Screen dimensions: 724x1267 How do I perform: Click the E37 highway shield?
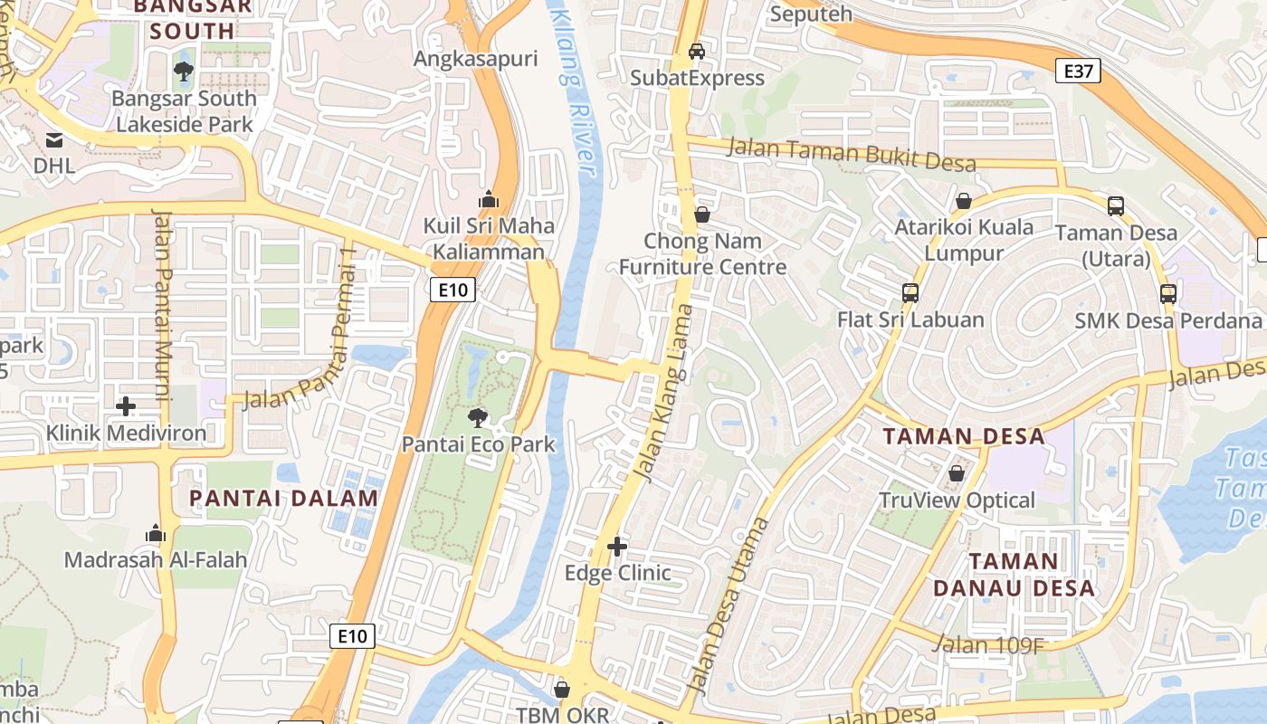(1078, 71)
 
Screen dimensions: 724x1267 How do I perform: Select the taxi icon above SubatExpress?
(697, 52)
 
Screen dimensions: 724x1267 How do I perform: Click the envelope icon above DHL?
(53, 140)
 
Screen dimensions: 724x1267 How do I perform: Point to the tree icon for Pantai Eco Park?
(477, 417)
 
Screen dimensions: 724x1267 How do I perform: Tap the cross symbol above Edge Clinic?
(617, 547)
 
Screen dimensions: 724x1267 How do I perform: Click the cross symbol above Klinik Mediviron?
(126, 406)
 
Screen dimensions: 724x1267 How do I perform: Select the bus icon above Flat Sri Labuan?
(910, 293)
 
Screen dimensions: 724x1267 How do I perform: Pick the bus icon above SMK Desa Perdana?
(1168, 294)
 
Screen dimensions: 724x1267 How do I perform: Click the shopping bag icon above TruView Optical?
(957, 473)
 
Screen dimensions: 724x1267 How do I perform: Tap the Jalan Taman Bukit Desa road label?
(852, 154)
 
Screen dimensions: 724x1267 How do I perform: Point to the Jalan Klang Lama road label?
(662, 392)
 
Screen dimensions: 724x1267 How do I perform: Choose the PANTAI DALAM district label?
(283, 498)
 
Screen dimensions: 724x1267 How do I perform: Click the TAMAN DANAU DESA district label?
(1014, 575)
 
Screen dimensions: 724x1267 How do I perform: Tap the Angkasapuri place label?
(475, 60)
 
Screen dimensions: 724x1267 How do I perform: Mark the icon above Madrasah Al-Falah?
(156, 533)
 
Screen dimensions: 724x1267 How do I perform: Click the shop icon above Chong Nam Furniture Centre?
(701, 215)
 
